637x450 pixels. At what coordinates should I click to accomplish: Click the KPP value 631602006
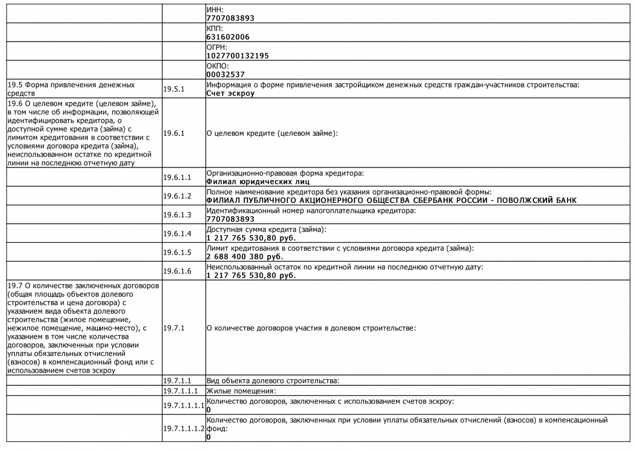[228, 37]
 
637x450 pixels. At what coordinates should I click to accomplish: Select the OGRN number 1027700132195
[237, 56]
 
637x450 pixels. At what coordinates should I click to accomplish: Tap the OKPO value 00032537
[225, 75]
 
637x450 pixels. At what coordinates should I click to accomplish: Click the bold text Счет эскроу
[230, 93]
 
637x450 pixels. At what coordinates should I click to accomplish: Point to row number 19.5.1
[174, 89]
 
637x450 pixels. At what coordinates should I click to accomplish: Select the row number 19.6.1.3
[177, 215]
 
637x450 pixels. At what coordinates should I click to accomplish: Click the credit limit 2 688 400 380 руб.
[245, 257]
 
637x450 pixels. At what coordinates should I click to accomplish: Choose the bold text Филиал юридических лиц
[258, 182]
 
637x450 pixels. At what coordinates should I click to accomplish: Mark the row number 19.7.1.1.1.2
[184, 428]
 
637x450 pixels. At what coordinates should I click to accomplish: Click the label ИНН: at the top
[215, 10]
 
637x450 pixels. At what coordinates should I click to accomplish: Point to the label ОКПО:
[218, 66]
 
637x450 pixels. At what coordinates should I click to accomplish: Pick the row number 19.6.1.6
[177, 271]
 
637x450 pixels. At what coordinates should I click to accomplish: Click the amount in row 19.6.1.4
[251, 238]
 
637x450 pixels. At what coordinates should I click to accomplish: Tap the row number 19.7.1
[174, 328]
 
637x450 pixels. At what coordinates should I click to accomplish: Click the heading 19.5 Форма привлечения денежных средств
[71, 89]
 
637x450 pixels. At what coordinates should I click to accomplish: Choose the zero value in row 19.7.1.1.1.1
[209, 410]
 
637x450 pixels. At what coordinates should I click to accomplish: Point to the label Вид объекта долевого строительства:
[273, 380]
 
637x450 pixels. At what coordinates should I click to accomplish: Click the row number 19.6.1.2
[177, 196]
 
